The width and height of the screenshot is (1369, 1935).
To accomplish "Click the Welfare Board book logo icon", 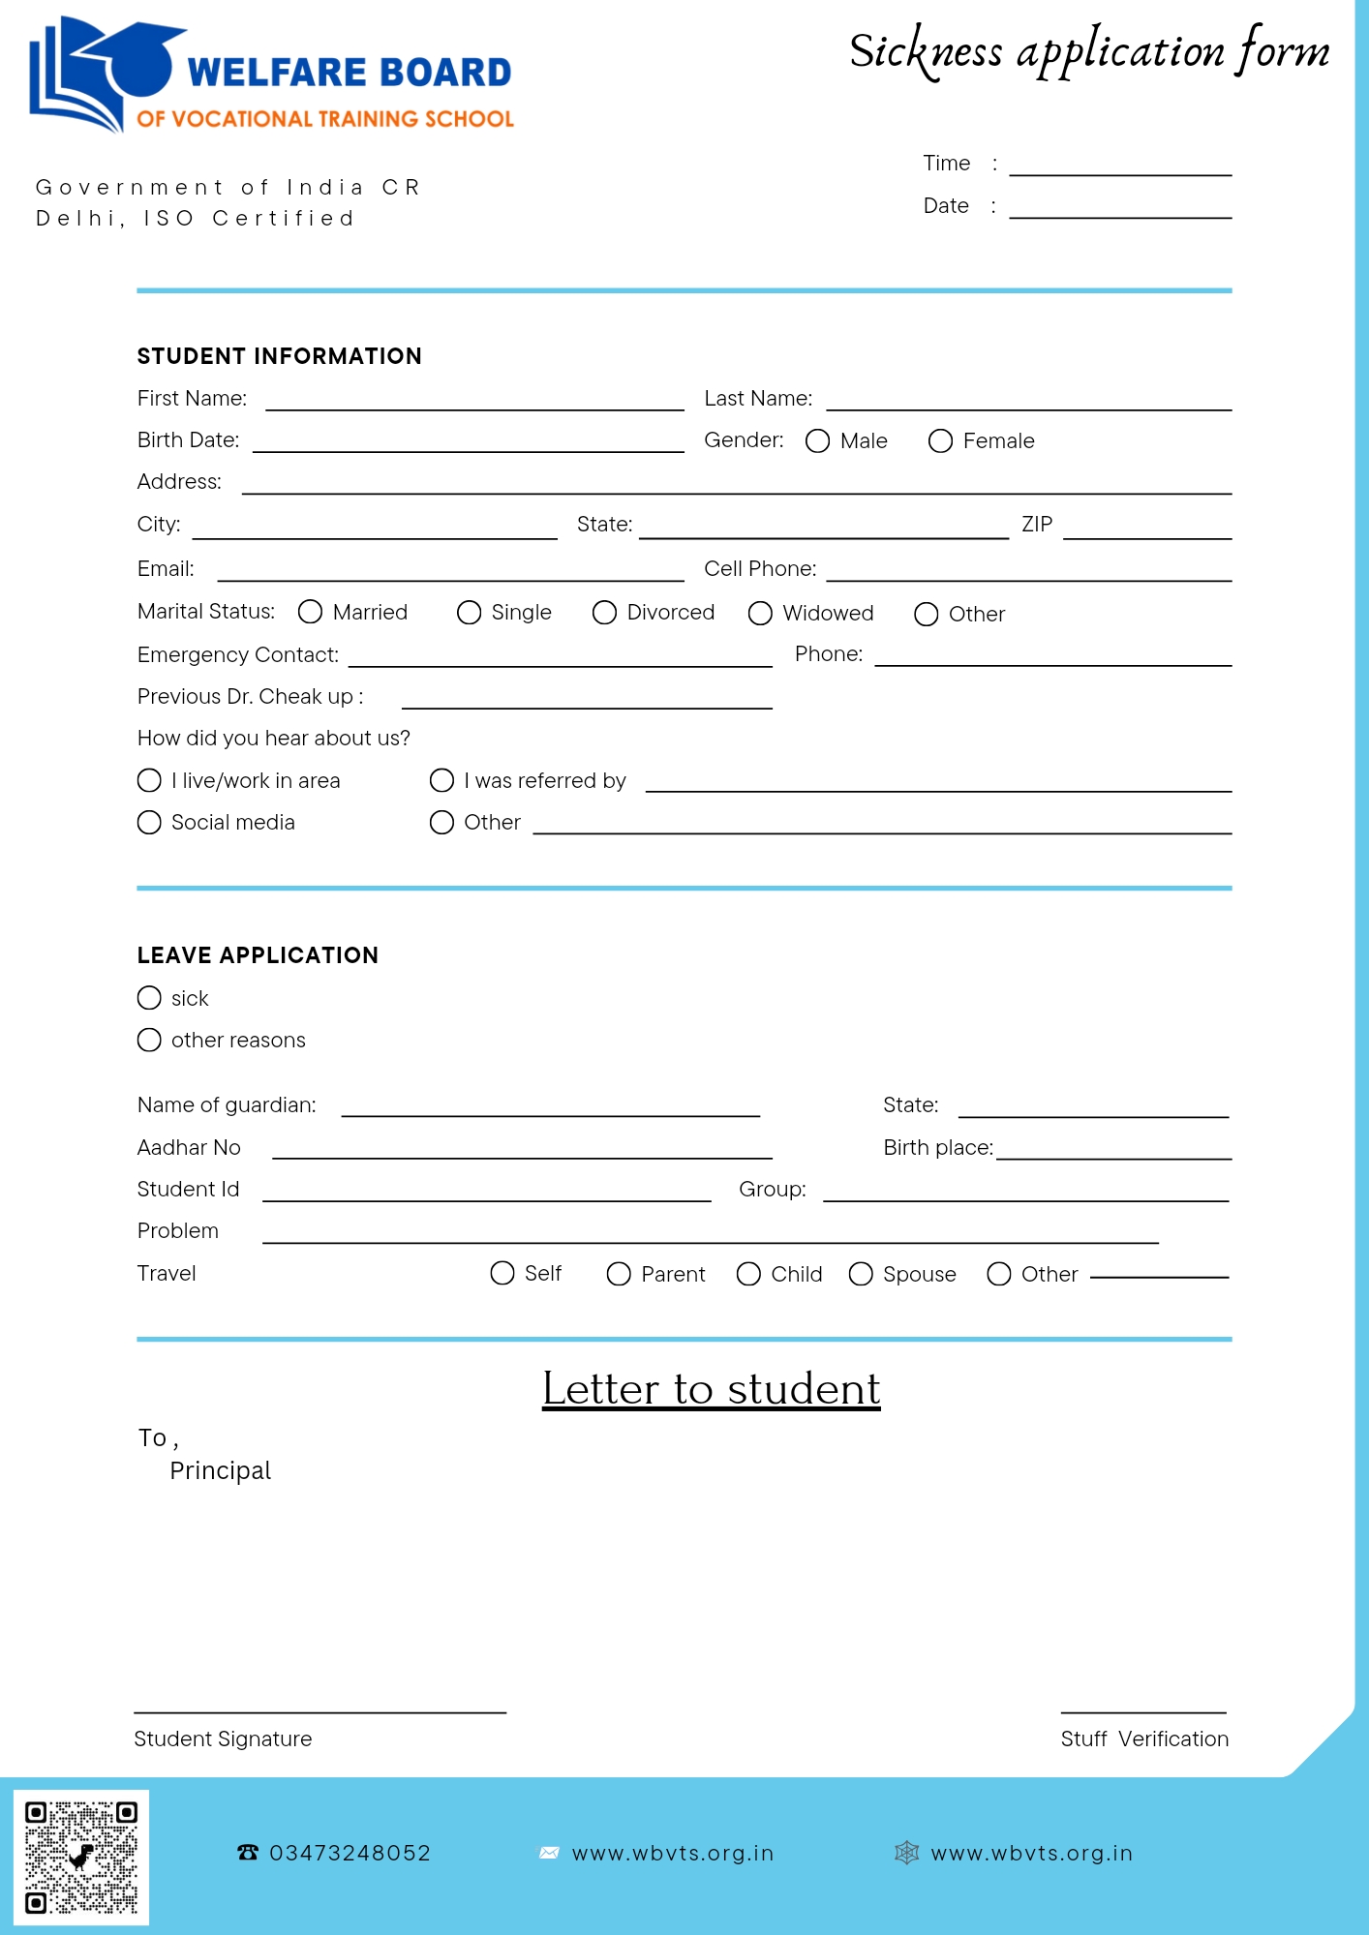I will [102, 74].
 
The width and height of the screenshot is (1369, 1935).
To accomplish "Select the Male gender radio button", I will [817, 441].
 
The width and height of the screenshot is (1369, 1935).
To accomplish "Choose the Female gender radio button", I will [940, 441].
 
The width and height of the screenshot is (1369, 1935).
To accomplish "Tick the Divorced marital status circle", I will [604, 613].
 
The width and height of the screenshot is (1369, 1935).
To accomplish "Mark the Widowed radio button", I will [760, 614].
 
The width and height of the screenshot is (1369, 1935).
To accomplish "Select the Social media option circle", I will [149, 823].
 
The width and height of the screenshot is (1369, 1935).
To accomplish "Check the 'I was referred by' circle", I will [441, 781].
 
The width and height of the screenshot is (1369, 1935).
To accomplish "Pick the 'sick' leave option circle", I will [149, 998].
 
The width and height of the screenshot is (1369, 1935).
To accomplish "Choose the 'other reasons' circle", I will [149, 1041].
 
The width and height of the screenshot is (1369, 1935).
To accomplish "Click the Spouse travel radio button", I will [861, 1274].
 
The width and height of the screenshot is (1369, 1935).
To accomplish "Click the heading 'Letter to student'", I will [711, 1389].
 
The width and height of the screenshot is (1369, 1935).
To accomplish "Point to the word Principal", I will [221, 1471].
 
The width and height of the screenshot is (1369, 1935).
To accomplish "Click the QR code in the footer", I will [81, 1858].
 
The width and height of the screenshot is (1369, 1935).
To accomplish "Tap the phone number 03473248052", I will [350, 1854].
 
